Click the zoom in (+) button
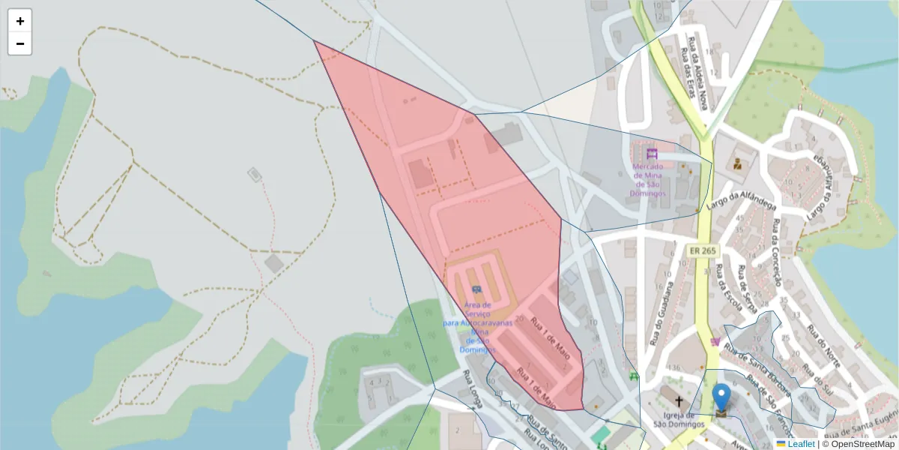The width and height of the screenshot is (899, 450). [x=19, y=21]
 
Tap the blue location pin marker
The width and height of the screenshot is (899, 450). [x=721, y=397]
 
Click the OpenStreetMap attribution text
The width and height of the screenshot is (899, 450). [x=863, y=444]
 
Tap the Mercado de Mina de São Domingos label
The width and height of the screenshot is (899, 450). [x=650, y=180]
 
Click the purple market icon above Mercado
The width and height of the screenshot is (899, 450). [x=651, y=153]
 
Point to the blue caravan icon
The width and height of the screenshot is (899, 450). [x=476, y=289]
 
